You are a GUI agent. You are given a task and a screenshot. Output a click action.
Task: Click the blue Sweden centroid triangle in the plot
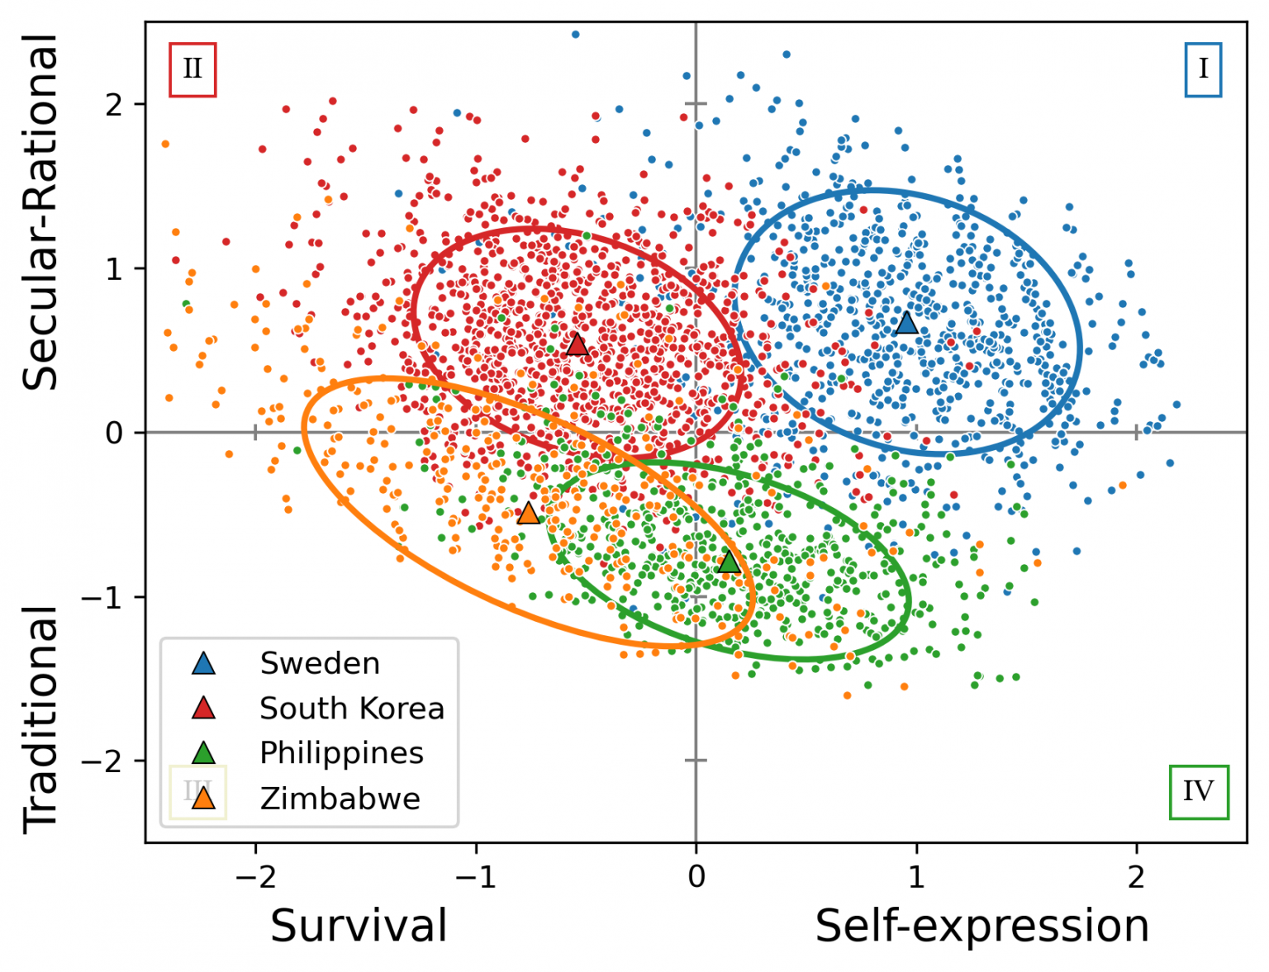click(x=906, y=323)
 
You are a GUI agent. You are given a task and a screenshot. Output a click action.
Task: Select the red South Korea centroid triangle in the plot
click(x=577, y=345)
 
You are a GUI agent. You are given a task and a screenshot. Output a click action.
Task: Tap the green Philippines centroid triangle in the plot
click(x=729, y=562)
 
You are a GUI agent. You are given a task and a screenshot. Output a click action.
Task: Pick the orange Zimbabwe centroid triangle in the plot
click(x=528, y=514)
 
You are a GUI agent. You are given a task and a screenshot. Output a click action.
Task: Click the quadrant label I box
click(x=1203, y=69)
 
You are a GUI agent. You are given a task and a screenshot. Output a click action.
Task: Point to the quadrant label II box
click(x=192, y=69)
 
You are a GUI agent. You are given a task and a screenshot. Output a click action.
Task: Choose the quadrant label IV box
click(x=1199, y=792)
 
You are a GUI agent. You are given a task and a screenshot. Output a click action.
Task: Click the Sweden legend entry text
click(x=320, y=663)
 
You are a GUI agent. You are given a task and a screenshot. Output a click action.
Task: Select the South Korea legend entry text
click(x=352, y=709)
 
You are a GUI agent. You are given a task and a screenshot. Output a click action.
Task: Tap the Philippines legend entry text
click(x=341, y=753)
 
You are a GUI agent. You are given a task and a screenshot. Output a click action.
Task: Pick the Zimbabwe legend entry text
click(x=340, y=799)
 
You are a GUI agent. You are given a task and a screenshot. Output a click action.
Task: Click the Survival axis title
click(x=359, y=926)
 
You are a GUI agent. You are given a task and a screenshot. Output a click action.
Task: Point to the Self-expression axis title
click(x=982, y=926)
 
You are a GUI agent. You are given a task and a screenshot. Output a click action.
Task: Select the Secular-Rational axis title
click(x=40, y=211)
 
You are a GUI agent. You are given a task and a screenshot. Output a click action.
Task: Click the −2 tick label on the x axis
click(x=254, y=876)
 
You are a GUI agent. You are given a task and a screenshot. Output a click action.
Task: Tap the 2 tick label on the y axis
click(x=113, y=105)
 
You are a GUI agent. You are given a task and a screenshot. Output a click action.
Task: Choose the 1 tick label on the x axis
click(x=916, y=876)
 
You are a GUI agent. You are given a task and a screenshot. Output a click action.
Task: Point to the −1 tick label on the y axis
click(x=102, y=597)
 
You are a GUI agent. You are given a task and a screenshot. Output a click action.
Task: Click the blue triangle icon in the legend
click(x=203, y=663)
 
